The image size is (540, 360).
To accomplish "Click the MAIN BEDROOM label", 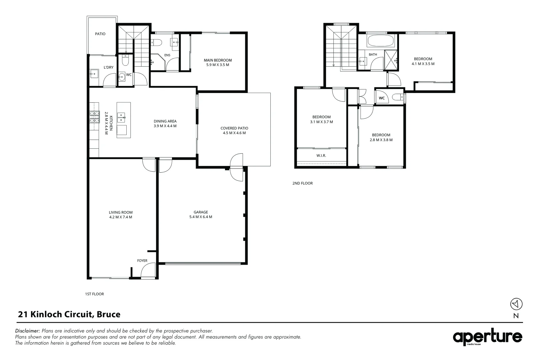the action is click(x=218, y=60).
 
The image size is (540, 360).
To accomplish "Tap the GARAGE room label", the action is click(x=201, y=212).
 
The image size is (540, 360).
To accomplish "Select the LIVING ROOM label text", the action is click(x=121, y=212).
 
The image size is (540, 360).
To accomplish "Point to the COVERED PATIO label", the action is click(x=234, y=128).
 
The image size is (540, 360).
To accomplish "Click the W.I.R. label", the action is click(x=321, y=156).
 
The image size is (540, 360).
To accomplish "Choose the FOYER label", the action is click(x=142, y=261).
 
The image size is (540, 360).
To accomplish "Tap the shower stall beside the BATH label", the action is click(x=391, y=60).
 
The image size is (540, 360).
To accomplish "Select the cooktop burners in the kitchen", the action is click(x=95, y=117).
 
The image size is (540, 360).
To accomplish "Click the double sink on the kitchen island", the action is click(x=121, y=117).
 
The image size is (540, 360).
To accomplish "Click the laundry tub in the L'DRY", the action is click(x=94, y=74).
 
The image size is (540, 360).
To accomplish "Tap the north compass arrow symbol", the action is click(x=516, y=304).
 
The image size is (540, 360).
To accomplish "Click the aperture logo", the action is click(x=487, y=337).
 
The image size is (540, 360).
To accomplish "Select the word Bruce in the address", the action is click(x=108, y=314).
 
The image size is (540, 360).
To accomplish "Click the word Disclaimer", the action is click(x=27, y=331).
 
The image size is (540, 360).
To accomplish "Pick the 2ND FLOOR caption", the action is click(x=303, y=183).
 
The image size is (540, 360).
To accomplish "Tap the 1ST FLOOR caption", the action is click(x=95, y=294).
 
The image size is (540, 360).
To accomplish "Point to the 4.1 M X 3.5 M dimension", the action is click(x=423, y=64).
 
